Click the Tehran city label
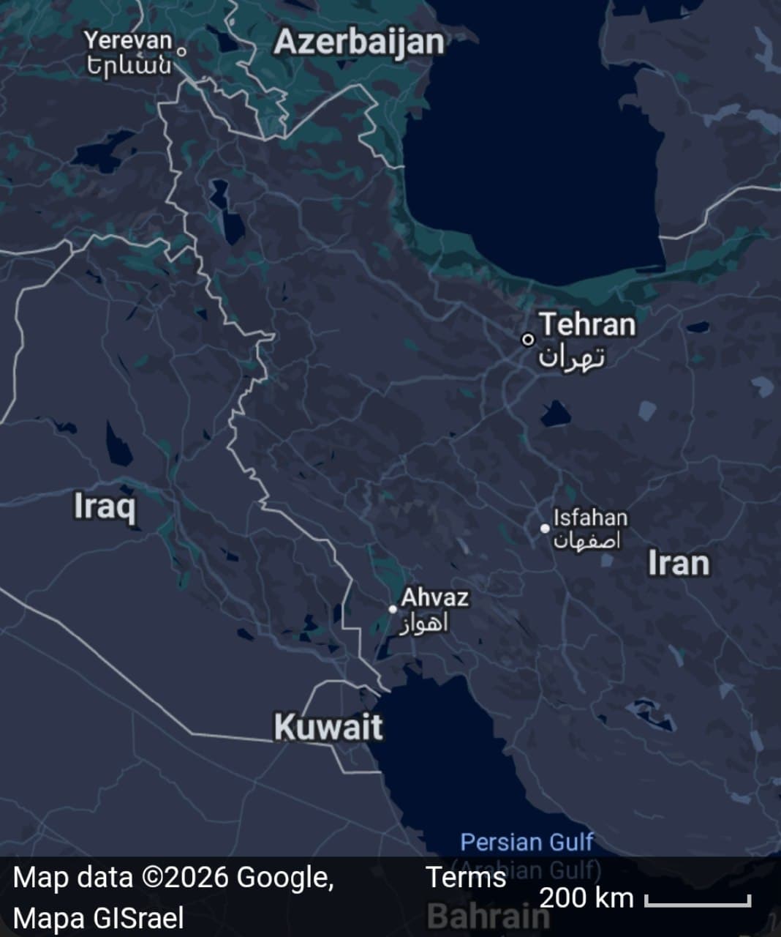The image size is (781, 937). (588, 324)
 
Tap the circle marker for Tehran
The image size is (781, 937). (527, 340)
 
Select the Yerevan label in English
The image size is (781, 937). (128, 41)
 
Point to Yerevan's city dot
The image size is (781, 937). (181, 51)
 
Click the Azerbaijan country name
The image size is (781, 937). (358, 43)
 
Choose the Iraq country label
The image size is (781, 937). (105, 506)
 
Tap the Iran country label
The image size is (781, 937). (679, 564)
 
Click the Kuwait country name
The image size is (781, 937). (328, 727)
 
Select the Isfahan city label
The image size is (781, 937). (590, 518)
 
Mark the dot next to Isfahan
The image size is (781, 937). (545, 528)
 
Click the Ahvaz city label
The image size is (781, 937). (434, 597)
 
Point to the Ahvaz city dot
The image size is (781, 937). (393, 609)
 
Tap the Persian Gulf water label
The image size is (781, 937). (527, 842)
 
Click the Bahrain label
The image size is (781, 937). (487, 916)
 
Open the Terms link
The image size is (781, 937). (466, 877)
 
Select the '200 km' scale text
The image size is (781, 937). (586, 897)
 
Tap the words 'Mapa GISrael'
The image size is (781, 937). (98, 918)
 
